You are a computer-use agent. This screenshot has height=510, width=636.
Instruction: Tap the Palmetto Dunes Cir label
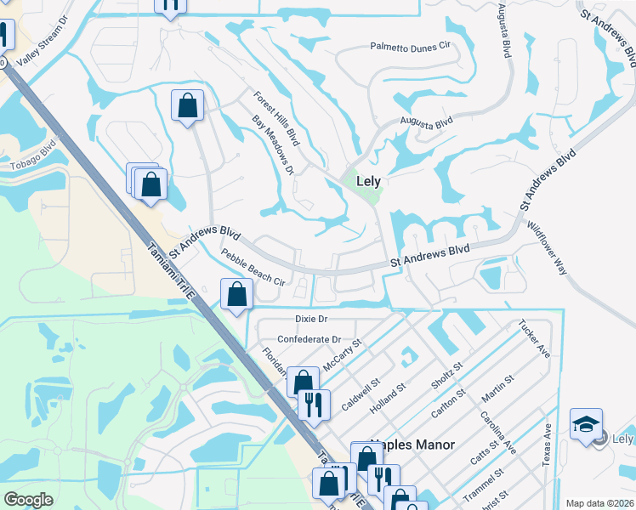(x=408, y=48)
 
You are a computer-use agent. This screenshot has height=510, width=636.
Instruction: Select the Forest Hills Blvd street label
(x=276, y=117)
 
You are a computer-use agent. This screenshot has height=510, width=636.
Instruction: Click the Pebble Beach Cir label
(x=252, y=267)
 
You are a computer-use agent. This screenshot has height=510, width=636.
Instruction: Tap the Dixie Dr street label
(x=311, y=319)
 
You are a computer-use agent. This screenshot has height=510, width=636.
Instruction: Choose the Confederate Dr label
(x=309, y=338)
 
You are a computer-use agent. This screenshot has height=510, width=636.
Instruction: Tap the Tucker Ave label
(x=532, y=339)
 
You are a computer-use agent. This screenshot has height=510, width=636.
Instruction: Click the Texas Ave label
(x=546, y=445)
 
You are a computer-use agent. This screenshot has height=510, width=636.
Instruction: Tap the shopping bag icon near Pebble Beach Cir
(x=237, y=295)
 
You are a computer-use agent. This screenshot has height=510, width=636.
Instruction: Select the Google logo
(x=28, y=499)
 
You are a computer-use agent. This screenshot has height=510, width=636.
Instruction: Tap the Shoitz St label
(x=446, y=377)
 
